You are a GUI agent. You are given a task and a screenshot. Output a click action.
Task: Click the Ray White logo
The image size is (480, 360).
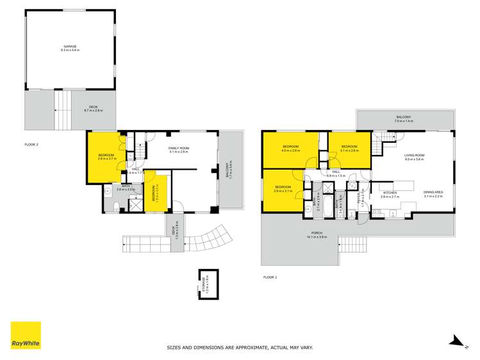26,335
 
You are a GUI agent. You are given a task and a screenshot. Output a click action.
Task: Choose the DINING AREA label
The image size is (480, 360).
433,193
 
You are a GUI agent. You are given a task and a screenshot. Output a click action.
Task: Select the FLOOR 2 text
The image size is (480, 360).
31,145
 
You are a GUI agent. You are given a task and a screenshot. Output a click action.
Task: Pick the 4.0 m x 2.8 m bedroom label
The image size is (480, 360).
292,149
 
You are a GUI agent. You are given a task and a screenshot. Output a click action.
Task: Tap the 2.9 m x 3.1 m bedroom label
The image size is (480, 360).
283,188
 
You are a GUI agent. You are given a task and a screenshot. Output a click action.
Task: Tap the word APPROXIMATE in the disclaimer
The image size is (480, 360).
238,348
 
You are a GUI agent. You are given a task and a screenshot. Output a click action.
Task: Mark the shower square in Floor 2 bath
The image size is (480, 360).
137,204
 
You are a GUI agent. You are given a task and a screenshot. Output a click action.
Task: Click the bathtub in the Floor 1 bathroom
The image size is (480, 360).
320,208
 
